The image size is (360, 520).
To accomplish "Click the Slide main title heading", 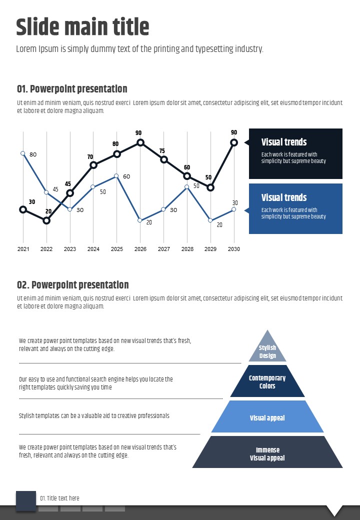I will click(82, 27).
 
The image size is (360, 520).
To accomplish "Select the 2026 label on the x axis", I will click(140, 249).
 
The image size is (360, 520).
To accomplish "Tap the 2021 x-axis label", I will click(23, 249).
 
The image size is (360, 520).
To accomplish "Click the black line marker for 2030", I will click(233, 142).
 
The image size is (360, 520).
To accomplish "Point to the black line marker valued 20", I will click(46, 220).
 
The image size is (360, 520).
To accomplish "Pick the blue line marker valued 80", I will click(23, 153).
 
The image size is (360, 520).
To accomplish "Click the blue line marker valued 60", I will click(116, 176).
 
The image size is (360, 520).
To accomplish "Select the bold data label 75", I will click(162, 151).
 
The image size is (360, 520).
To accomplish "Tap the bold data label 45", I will click(68, 184).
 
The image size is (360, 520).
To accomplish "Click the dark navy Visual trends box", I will click(295, 153).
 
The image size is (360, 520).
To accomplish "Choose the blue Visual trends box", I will click(295, 208).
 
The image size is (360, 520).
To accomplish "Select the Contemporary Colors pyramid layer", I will click(267, 382).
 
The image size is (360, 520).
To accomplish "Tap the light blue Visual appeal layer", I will click(267, 417).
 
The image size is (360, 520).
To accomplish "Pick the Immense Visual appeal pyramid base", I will click(267, 453).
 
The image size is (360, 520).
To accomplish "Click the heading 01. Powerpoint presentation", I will click(72, 89).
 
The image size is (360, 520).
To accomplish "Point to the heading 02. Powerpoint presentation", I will click(72, 285).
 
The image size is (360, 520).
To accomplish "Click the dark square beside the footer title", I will click(26, 500).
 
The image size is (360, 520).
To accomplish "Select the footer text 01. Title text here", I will click(59, 498).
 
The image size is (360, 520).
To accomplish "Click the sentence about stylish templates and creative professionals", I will click(94, 415).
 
